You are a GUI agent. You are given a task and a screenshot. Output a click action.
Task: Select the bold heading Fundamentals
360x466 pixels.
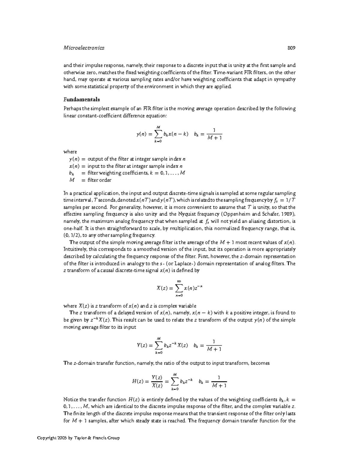pos(82,99)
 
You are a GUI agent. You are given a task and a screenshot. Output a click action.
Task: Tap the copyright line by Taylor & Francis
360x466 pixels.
pos(78,438)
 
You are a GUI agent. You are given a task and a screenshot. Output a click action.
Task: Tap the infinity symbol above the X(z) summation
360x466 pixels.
pos(179,281)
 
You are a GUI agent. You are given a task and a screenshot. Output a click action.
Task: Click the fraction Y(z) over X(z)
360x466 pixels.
pos(157,381)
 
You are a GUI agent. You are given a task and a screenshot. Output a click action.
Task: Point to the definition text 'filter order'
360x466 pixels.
pos(99,180)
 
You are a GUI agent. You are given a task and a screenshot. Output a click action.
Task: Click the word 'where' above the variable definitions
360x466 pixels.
pos(70,152)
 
